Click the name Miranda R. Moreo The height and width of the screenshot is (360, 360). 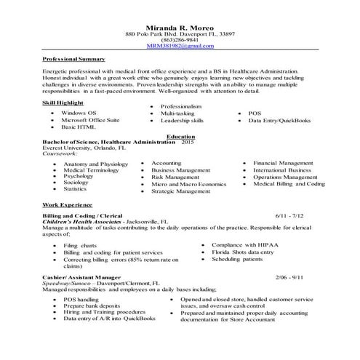(x=180, y=25)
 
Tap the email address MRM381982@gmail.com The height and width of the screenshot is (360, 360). (x=180, y=45)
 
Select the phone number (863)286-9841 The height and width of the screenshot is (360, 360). (x=180, y=39)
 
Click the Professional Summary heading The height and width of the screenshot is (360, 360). (x=73, y=58)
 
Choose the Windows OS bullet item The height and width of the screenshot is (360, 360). (x=79, y=114)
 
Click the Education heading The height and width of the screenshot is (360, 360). (x=180, y=136)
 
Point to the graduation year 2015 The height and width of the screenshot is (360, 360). (x=188, y=143)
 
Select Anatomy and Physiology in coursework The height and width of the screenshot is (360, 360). (x=95, y=164)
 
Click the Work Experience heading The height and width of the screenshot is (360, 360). (x=65, y=206)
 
